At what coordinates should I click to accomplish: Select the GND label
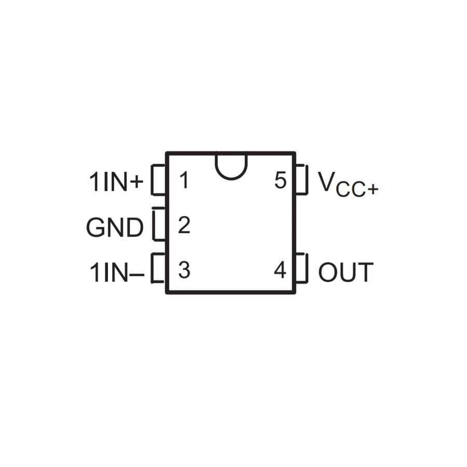[115, 227]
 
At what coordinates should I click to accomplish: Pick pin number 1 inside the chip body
[184, 181]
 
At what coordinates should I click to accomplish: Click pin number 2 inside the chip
[184, 226]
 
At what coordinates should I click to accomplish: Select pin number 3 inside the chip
[184, 270]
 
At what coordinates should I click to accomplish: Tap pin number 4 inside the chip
[280, 270]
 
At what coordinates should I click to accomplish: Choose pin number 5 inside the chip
[280, 181]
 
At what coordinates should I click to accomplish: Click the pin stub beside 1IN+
[158, 180]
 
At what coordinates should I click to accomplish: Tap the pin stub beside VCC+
[303, 179]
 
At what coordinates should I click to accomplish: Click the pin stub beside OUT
[303, 268]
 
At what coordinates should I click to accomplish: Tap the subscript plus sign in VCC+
[373, 190]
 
